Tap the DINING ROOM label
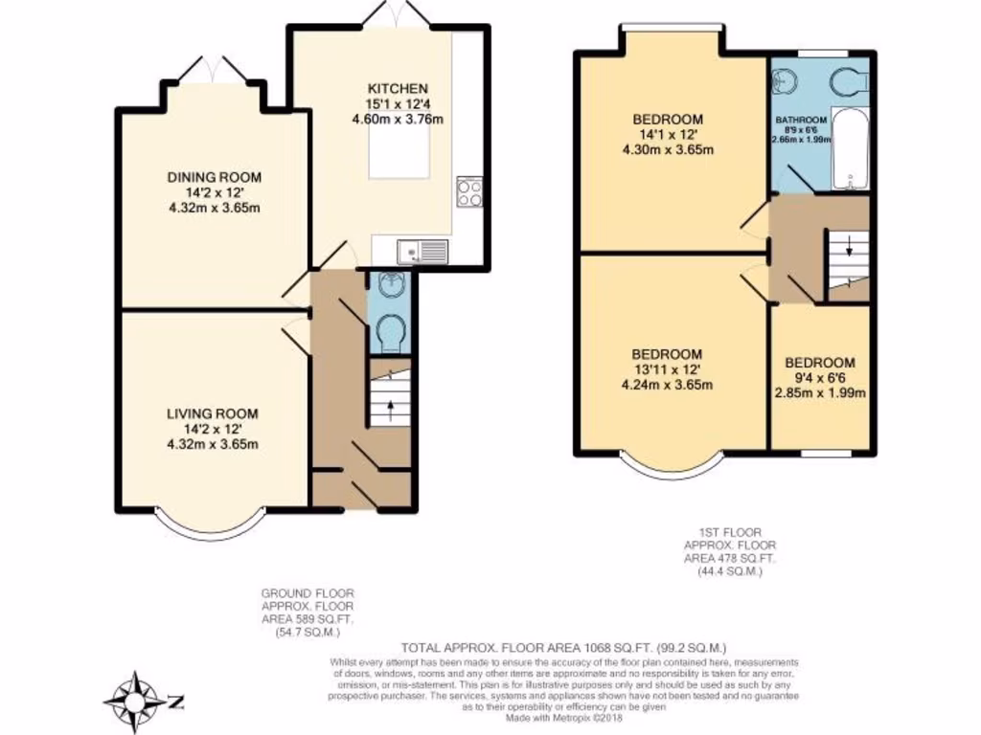pos(214,177)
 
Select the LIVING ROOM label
pos(213,413)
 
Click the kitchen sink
pos(422,252)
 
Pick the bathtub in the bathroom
pos(850,151)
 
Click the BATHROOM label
pos(801,121)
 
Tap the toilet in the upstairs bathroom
pos(849,83)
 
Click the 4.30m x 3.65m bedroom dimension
pos(668,149)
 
